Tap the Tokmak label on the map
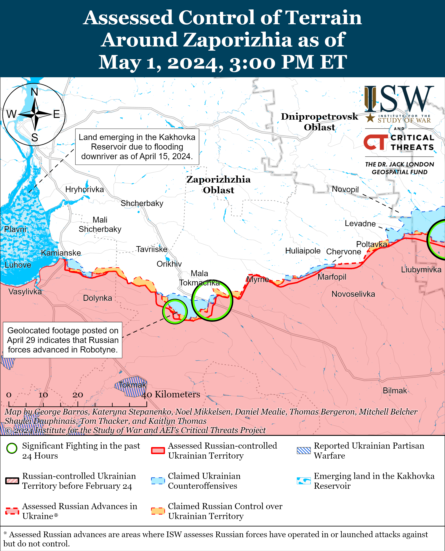click(132, 385)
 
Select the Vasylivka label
click(25, 292)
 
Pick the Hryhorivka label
click(84, 190)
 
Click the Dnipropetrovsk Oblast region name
click(319, 122)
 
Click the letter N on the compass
click(34, 92)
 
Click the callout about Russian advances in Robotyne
click(63, 340)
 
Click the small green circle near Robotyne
click(175, 312)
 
